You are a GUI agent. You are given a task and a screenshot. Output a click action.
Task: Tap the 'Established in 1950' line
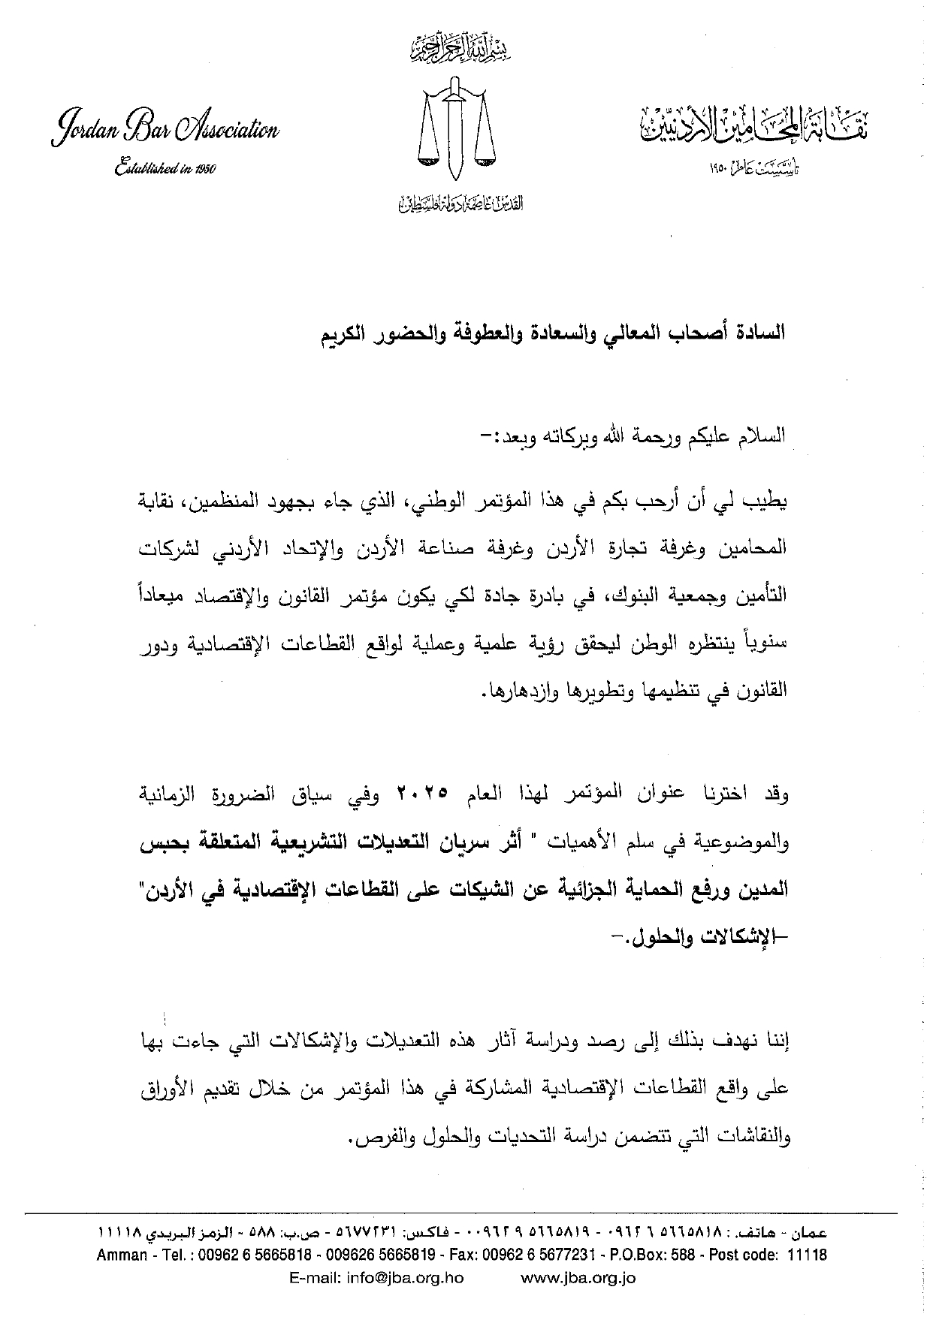(x=165, y=168)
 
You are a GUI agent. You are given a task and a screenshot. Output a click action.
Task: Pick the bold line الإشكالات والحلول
(x=701, y=936)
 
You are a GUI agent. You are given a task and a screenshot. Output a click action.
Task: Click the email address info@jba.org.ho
(x=376, y=1278)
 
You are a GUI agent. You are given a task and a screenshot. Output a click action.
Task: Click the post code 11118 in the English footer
(x=808, y=1255)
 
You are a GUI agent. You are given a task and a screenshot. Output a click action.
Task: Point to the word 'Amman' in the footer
(x=122, y=1255)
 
